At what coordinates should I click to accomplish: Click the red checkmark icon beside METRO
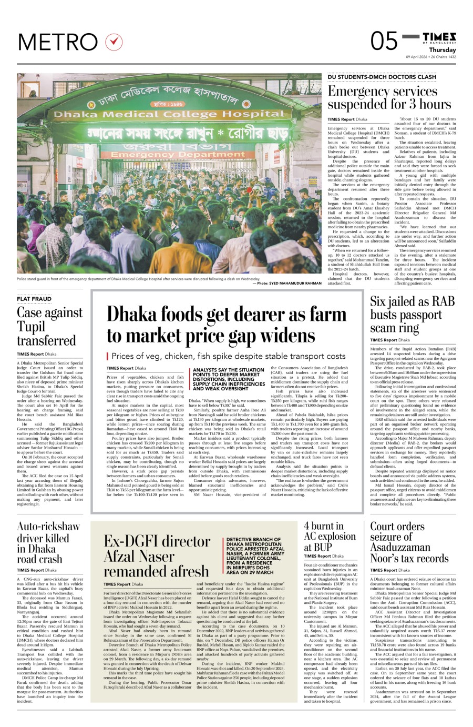coord(114,42)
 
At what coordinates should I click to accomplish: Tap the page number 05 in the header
coord(384,42)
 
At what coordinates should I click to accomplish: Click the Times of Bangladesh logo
coord(439,37)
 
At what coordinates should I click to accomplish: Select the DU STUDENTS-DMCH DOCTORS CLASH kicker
coord(382,77)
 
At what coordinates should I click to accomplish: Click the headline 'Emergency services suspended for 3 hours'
coord(389,98)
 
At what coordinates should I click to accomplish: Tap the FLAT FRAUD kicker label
coord(34,299)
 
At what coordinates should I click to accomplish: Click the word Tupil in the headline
coord(31,327)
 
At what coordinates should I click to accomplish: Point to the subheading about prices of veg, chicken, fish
coord(229,356)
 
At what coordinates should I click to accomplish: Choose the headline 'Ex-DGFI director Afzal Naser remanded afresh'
coord(157,556)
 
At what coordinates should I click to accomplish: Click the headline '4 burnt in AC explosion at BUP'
coord(330,537)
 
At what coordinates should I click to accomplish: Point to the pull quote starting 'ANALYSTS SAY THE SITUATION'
coord(228,379)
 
